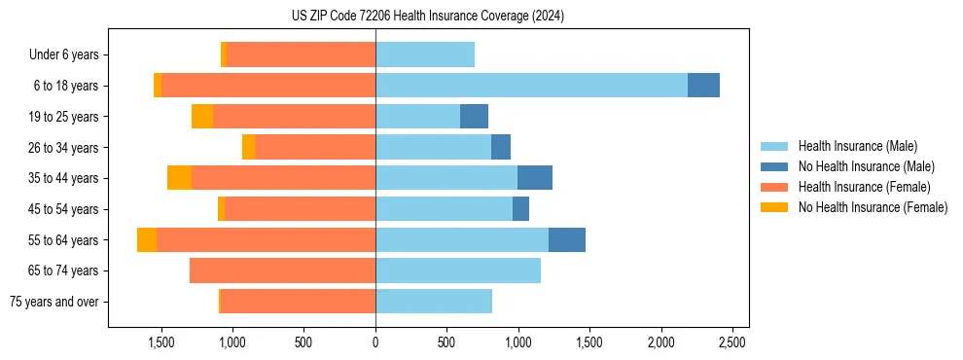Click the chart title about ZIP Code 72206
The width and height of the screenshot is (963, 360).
[427, 16]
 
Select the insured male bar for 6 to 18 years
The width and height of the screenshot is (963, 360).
[531, 86]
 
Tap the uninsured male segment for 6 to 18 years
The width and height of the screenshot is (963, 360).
[703, 86]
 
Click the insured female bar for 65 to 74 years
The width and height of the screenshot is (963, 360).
[282, 270]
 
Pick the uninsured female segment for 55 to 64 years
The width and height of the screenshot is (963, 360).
[147, 239]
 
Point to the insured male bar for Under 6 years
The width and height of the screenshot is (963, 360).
[425, 54]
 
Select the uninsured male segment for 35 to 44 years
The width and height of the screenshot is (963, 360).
[535, 178]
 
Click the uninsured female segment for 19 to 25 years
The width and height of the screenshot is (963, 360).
[202, 117]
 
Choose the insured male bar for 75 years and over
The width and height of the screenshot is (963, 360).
[434, 302]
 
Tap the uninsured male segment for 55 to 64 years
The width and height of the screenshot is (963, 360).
[567, 239]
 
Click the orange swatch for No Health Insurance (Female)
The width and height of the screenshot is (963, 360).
[775, 207]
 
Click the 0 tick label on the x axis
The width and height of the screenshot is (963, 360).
[375, 342]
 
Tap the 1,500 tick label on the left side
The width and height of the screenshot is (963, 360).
[160, 342]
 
